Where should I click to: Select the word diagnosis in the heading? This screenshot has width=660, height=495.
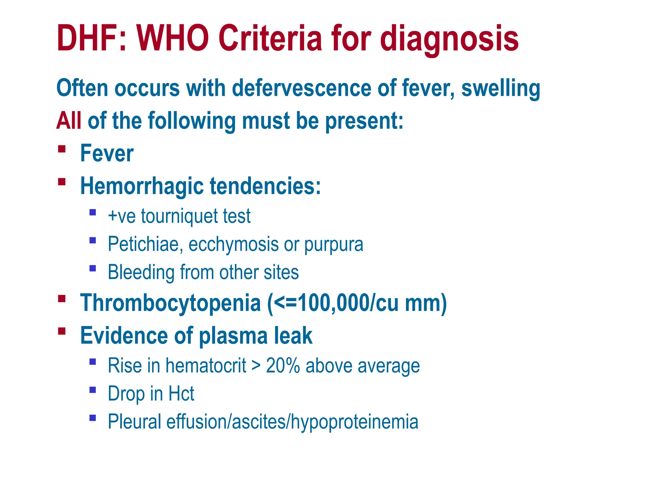point(449,39)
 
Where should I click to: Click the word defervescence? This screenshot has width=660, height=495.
point(302,88)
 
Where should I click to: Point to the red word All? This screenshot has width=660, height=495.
point(69,121)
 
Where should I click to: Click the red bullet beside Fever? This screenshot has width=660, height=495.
point(62,149)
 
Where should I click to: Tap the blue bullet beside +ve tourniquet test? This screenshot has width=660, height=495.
point(93,212)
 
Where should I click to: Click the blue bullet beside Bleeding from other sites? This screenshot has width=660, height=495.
point(93,268)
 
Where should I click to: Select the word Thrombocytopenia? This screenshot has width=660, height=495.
point(170,303)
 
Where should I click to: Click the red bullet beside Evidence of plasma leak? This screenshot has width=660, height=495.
point(62,331)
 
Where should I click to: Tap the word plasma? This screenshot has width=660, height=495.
point(233,336)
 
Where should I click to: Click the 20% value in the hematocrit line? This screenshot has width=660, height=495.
point(283,366)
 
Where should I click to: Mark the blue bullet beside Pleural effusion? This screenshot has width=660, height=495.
point(93,418)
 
